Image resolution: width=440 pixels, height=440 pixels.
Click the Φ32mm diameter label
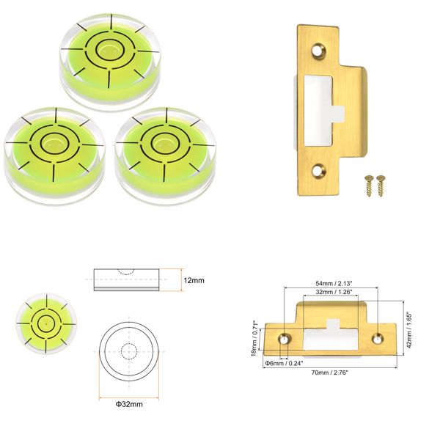(128, 404)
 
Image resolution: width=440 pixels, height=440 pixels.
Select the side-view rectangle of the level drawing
(125, 281)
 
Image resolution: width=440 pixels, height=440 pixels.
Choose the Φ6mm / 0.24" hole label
(283, 362)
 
